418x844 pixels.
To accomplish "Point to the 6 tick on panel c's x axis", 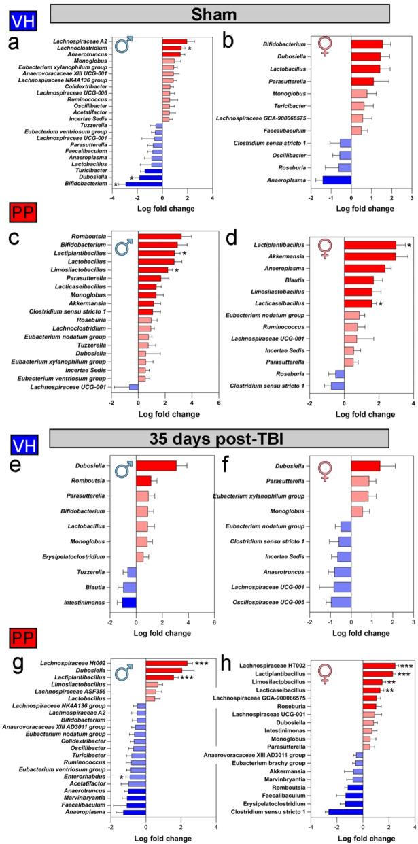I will point(219,401).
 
